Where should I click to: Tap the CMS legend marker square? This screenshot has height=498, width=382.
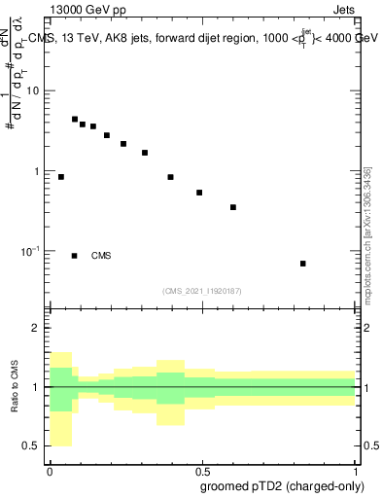click(75, 256)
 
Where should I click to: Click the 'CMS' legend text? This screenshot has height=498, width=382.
click(101, 256)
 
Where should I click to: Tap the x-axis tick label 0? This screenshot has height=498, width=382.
click(49, 470)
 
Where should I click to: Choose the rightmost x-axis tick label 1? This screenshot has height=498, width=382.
click(355, 470)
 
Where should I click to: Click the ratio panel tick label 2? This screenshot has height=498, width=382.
click(37, 328)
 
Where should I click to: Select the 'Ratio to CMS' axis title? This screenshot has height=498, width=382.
click(15, 386)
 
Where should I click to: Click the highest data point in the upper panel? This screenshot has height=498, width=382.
click(75, 120)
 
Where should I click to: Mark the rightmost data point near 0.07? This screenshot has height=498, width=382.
click(303, 264)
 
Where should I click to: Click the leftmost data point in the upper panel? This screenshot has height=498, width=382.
click(61, 177)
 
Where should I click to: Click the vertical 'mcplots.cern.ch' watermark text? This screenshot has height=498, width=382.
click(366, 233)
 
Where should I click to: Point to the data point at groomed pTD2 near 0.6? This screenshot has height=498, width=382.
click(233, 207)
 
